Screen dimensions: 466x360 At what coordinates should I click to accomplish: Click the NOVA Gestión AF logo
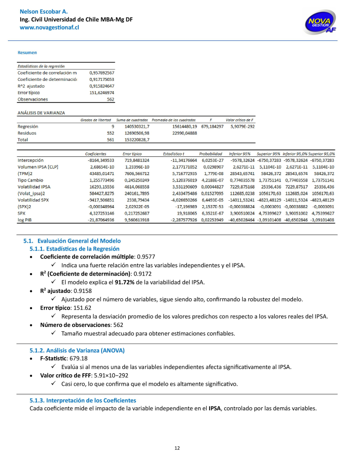(321, 23)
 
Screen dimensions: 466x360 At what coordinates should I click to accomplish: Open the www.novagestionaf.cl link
(49, 28)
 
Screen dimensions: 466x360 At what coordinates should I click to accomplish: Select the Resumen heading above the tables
(27, 52)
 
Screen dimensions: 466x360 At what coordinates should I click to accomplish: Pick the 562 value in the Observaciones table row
(110, 99)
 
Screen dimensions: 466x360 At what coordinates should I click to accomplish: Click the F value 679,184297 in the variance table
(212, 126)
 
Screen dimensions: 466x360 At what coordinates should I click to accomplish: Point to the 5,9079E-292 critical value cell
(239, 126)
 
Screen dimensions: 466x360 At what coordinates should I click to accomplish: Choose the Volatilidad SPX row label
(33, 200)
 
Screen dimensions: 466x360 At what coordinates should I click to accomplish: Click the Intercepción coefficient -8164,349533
(100, 160)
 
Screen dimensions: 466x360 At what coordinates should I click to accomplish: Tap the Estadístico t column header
(173, 154)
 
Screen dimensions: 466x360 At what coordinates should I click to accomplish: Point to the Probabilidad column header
(211, 154)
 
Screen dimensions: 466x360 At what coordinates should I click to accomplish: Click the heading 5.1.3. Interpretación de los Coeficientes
(83, 400)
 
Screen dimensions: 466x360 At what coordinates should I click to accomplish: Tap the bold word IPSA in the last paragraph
(215, 408)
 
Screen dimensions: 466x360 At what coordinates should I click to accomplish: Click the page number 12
(178, 448)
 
